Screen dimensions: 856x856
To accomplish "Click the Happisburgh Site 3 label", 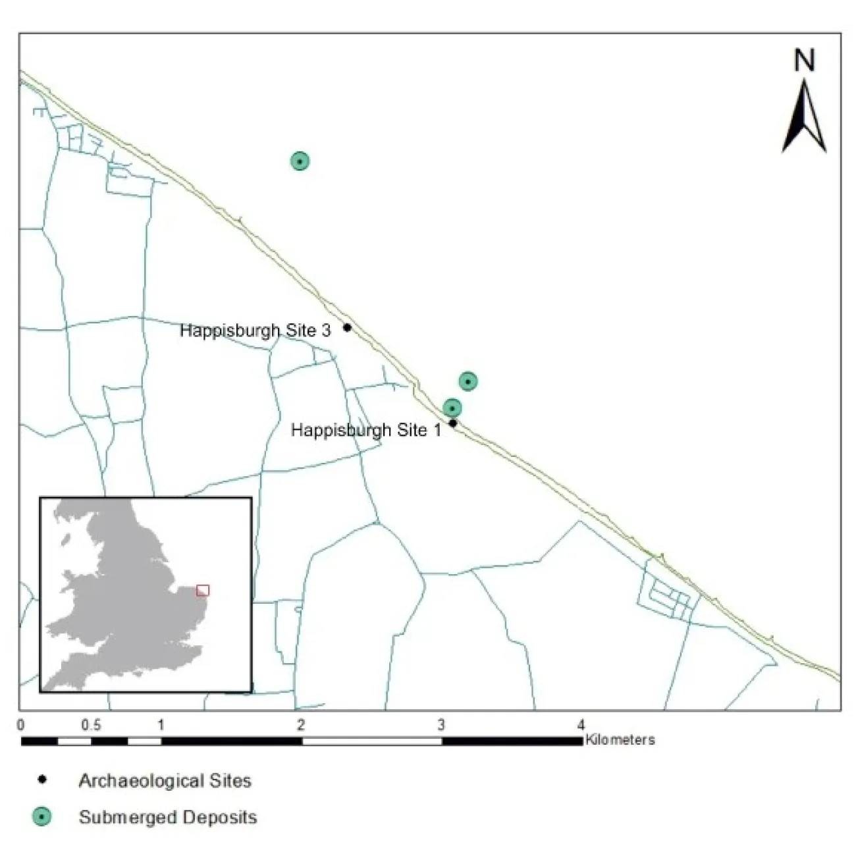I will pyautogui.click(x=255, y=330).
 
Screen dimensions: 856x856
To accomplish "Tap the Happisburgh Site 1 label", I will pyautogui.click(x=366, y=431).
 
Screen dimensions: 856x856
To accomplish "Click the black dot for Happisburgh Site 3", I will pyautogui.click(x=347, y=327).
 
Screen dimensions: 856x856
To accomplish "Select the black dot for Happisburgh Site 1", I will pyautogui.click(x=453, y=423).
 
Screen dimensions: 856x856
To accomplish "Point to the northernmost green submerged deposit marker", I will pyautogui.click(x=300, y=161).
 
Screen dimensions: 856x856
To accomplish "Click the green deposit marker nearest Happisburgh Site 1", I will pyautogui.click(x=452, y=408).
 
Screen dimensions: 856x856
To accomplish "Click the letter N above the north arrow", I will pyautogui.click(x=804, y=61).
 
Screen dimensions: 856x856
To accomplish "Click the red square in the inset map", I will pyautogui.click(x=203, y=590).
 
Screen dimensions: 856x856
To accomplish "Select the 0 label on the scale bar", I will pyautogui.click(x=22, y=726).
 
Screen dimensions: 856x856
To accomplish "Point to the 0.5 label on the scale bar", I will pyautogui.click(x=92, y=726).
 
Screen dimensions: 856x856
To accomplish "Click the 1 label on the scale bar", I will pyautogui.click(x=161, y=726).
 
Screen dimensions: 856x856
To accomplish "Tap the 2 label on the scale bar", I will pyautogui.click(x=301, y=726).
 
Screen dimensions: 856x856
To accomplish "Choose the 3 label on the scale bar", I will pyautogui.click(x=441, y=726).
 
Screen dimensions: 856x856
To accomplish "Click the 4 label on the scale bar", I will pyautogui.click(x=581, y=726).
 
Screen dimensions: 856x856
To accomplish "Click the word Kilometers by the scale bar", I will pyautogui.click(x=620, y=740).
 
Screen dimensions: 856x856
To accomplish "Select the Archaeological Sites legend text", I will pyautogui.click(x=165, y=781).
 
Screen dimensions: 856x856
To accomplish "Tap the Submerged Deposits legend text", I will pyautogui.click(x=167, y=817).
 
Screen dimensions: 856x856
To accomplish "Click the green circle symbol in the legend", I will pyautogui.click(x=42, y=817).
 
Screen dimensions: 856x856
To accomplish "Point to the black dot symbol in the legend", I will pyautogui.click(x=42, y=780).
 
